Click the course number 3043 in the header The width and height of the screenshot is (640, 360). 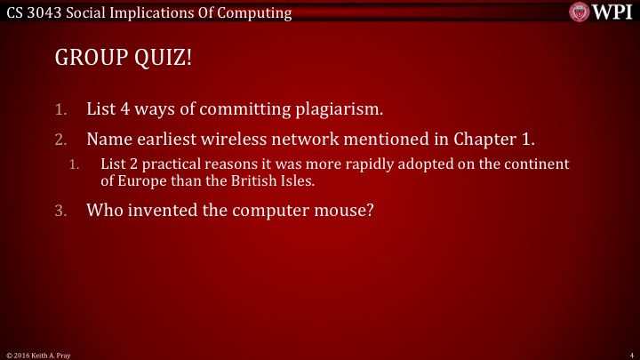click(x=43, y=12)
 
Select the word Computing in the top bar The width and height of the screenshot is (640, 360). click(x=259, y=12)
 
